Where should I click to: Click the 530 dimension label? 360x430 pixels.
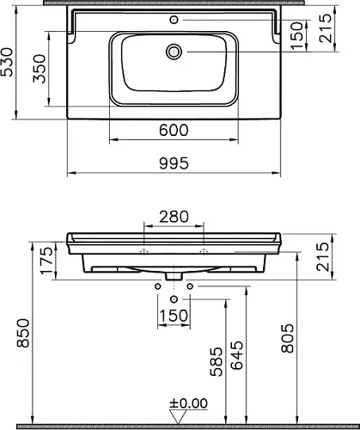(x=7, y=62)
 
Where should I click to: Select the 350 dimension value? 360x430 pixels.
(x=40, y=69)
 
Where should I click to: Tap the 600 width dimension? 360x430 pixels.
(x=174, y=130)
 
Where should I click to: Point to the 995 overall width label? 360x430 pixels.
(x=174, y=163)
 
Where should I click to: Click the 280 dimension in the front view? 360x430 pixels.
(x=174, y=217)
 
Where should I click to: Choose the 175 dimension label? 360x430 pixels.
(x=46, y=261)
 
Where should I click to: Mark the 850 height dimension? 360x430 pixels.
(x=23, y=333)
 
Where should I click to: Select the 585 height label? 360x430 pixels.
(x=217, y=362)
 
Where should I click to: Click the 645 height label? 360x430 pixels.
(x=236, y=355)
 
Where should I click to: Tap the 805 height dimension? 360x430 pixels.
(x=287, y=338)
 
